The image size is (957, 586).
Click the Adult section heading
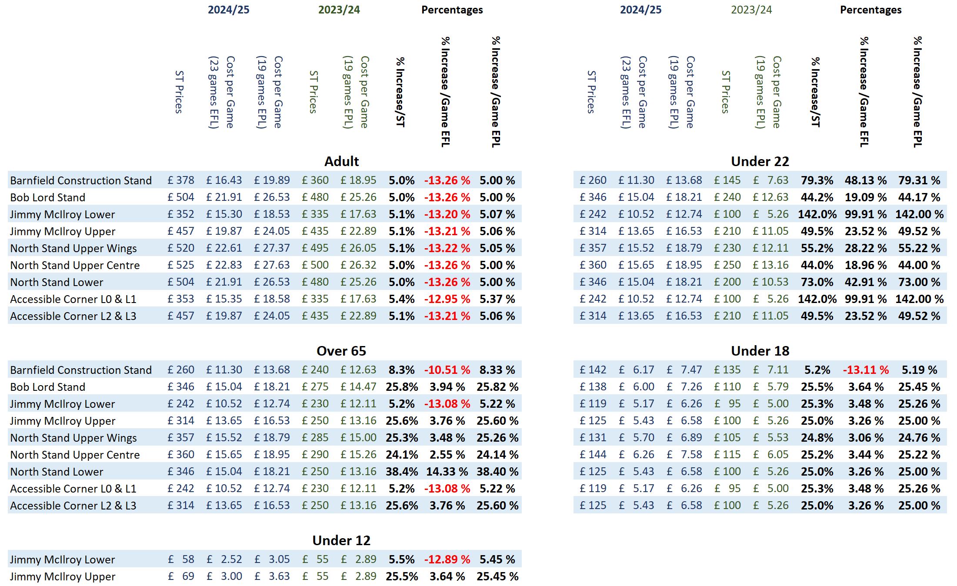point(341,161)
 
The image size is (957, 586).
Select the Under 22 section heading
point(760,161)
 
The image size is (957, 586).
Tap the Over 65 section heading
point(341,351)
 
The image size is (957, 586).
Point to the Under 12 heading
point(341,540)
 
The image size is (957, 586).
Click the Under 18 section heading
point(760,351)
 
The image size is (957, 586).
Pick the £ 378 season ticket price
point(181,180)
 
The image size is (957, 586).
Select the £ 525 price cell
point(181,265)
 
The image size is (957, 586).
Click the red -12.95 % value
point(447,299)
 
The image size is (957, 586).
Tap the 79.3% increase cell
point(817,180)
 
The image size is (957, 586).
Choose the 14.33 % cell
point(447,472)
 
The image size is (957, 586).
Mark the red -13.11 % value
point(866,370)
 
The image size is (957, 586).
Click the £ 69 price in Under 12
point(182,576)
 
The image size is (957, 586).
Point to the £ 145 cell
point(727,180)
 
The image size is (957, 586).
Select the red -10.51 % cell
point(447,370)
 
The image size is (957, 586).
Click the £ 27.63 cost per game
point(272,265)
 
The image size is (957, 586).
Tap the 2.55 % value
point(447,455)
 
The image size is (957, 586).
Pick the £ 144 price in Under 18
point(593,455)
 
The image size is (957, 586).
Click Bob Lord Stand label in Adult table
point(48,197)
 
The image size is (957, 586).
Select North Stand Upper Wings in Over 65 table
point(73,438)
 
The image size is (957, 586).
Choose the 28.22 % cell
point(866,248)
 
